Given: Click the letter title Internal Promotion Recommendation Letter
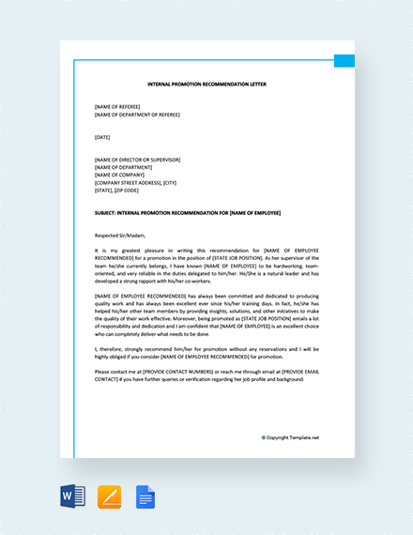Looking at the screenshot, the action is [206, 84].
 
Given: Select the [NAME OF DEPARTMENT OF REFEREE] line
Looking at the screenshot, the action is [137, 115].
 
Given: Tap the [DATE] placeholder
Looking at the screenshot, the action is [102, 137].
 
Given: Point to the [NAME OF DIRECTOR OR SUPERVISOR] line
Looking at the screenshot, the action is [137, 160].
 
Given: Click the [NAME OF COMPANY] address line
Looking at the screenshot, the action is [119, 175].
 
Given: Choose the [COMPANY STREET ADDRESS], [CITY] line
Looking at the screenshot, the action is [135, 182].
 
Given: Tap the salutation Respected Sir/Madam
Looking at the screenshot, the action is [121, 236].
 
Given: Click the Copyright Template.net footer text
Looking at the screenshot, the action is [290, 437].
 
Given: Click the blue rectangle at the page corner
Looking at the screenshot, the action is [344, 60].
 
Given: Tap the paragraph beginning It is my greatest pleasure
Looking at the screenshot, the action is [206, 266].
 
